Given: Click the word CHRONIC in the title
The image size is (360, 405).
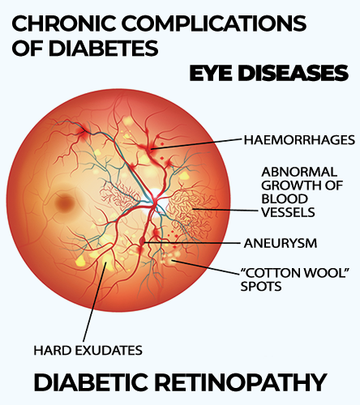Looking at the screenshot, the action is click(x=64, y=23).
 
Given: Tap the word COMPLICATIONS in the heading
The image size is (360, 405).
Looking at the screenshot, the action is click(x=214, y=23).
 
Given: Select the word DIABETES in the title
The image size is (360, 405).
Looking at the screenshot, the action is click(x=103, y=49).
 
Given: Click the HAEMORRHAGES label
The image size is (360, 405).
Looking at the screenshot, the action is click(x=299, y=140).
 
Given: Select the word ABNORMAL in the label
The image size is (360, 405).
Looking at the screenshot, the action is click(x=299, y=172).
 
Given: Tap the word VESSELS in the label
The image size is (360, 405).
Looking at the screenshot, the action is click(x=288, y=212).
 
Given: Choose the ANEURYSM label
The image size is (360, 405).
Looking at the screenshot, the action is click(x=281, y=243).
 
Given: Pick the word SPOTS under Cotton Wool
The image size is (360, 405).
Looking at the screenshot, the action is click(x=261, y=286).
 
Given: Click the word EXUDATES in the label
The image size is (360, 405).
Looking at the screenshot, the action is click(x=109, y=351).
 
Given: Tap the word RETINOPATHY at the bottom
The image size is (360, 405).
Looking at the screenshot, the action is click(x=242, y=382).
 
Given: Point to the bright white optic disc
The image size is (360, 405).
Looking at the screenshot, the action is click(x=155, y=201).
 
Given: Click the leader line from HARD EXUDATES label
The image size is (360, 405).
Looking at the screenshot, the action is click(x=94, y=301).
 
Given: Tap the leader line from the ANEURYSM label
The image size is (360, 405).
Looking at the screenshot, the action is click(x=192, y=243).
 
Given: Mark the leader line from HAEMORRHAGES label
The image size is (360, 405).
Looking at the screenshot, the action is click(x=196, y=144).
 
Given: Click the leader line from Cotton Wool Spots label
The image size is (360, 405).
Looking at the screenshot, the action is click(x=207, y=267).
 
